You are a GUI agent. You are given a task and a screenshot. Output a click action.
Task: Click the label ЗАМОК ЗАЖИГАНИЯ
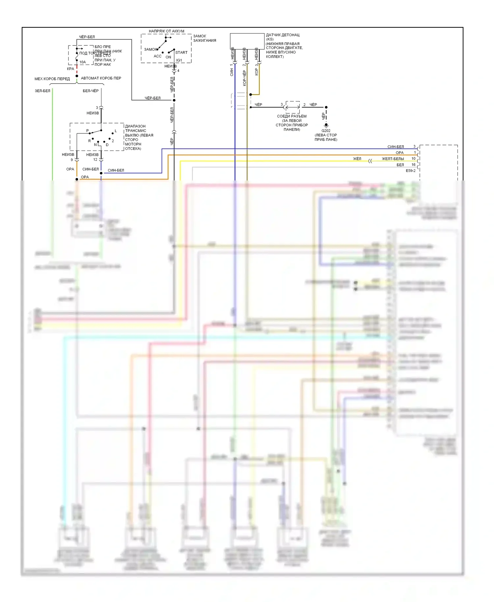(205, 38)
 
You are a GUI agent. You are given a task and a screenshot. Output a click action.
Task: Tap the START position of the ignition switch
(181, 52)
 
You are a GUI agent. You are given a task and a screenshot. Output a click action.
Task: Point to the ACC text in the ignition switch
(157, 56)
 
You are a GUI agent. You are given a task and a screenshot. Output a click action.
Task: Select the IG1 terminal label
(179, 60)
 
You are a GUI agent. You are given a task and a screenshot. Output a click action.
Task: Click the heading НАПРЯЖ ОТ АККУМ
(166, 31)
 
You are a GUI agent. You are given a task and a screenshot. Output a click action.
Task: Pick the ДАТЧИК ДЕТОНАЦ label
(283, 35)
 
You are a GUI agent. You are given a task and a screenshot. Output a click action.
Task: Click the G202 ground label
(326, 131)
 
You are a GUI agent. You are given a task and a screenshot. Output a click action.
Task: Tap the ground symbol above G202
(326, 125)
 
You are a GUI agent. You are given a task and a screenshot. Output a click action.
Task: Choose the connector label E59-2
(410, 171)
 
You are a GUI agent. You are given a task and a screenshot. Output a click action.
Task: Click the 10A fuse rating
(82, 62)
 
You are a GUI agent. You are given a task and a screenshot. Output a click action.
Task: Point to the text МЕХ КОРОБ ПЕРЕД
(52, 79)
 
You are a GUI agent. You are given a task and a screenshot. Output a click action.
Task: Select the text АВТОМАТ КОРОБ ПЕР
(101, 78)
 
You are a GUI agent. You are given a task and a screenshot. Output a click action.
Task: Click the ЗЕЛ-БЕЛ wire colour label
(42, 91)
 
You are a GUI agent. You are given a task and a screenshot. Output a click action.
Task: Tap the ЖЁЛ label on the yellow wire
(357, 159)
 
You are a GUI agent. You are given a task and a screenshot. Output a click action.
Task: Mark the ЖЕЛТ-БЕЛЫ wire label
(393, 159)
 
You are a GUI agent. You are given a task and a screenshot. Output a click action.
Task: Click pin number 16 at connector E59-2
(413, 165)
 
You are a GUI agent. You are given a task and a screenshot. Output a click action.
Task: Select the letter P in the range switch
(87, 131)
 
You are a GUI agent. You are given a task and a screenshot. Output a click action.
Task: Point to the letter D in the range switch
(107, 145)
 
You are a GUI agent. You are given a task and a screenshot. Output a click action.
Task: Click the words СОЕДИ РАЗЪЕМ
(291, 116)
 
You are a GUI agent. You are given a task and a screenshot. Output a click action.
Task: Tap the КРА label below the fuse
(70, 69)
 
